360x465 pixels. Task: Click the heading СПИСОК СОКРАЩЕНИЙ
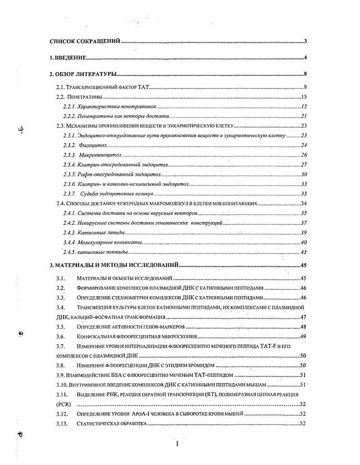tap(85, 41)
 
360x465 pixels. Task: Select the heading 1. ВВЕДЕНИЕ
tap(68, 58)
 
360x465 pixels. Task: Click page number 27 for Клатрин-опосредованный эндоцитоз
tap(304, 165)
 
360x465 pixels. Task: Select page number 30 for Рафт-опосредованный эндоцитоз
tap(304, 175)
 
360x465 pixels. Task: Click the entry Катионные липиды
tap(95, 232)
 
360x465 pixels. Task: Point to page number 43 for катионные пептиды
tap(304, 252)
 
